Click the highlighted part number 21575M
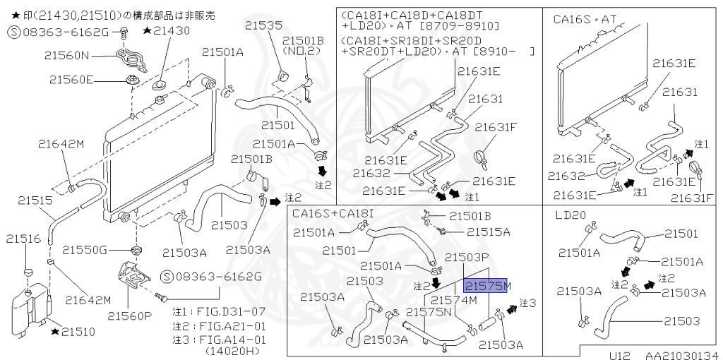(486, 286)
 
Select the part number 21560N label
(67, 56)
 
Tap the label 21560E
(71, 80)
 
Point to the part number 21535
(263, 25)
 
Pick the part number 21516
(23, 239)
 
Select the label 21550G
(85, 251)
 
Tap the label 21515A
(489, 232)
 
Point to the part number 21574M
(454, 301)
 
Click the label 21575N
(429, 312)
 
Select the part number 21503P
(467, 257)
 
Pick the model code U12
(620, 355)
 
